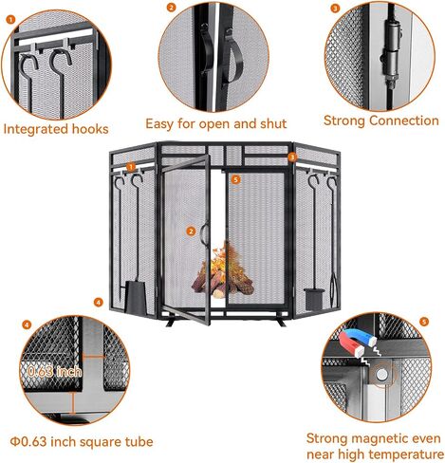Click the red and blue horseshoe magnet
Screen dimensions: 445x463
coord(356,343)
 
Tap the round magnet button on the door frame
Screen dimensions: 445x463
coord(382,375)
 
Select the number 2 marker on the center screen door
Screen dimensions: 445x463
coord(191,231)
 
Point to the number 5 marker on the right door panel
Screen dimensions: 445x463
coord(235,179)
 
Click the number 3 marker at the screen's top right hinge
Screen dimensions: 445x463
coord(292,157)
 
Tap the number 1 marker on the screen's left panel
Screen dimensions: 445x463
coord(131,167)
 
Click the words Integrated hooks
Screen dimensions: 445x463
coord(56,129)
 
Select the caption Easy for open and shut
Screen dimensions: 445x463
coord(216,123)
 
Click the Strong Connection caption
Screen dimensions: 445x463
coord(381,120)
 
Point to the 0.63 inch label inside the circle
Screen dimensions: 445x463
coord(54,371)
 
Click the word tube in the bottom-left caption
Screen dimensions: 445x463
coord(139,441)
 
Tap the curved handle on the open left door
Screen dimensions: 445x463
coord(203,232)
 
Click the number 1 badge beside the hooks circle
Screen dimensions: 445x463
coord(10,20)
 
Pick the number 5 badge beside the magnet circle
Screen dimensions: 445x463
coord(424,322)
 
